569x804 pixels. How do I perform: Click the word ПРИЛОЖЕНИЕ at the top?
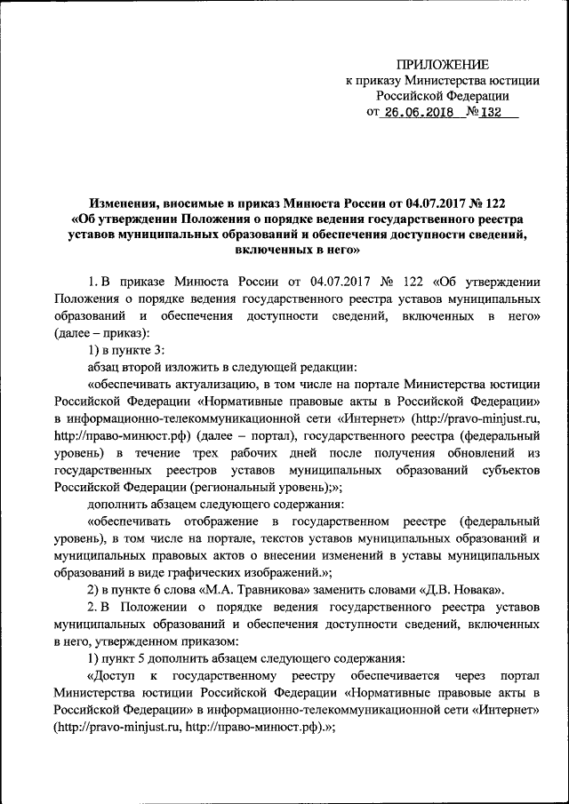pyautogui.click(x=442, y=64)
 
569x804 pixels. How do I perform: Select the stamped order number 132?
pyautogui.click(x=491, y=113)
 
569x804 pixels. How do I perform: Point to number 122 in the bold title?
pyautogui.click(x=501, y=203)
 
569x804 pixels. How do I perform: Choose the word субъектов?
pyautogui.click(x=512, y=469)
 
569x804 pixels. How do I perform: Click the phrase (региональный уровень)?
pyautogui.click(x=258, y=485)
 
